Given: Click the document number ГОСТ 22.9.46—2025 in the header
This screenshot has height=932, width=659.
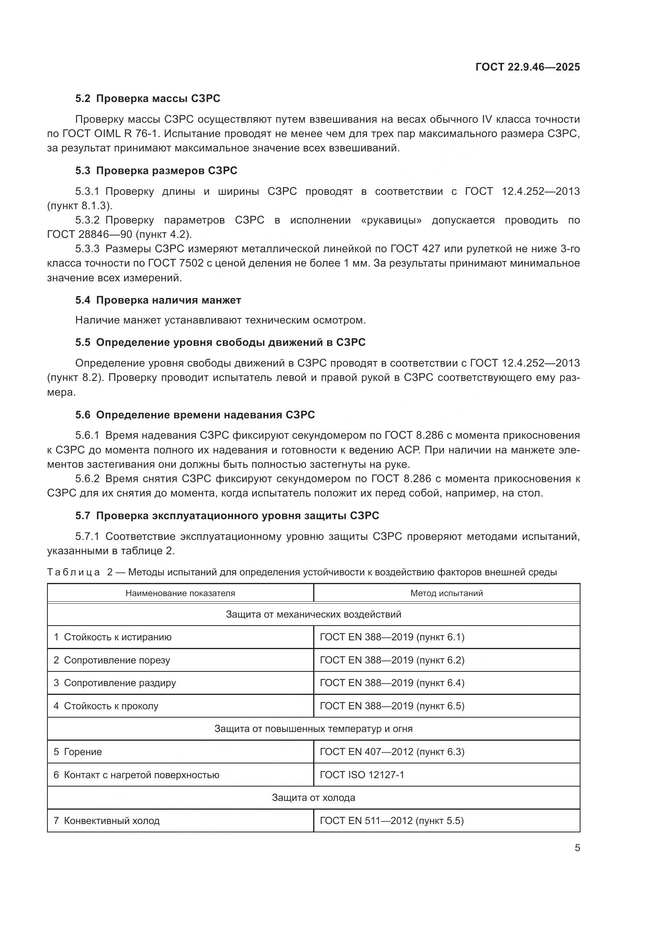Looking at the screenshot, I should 528,67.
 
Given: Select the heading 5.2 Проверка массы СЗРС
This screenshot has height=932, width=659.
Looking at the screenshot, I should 148,98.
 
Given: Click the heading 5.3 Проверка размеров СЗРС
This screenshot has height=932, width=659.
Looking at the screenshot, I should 156,171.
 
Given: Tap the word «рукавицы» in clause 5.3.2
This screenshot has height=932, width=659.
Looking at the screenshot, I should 391,220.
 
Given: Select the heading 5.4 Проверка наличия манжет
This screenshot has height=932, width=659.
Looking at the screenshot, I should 158,300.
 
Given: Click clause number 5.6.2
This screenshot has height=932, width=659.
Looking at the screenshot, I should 87,479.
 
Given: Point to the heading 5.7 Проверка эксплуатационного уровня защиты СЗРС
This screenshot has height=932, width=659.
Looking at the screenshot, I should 227,516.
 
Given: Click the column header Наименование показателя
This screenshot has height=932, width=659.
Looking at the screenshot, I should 180,593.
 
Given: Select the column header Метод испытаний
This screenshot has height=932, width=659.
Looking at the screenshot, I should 446,593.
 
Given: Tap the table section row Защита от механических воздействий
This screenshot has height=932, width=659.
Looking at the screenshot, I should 313,614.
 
